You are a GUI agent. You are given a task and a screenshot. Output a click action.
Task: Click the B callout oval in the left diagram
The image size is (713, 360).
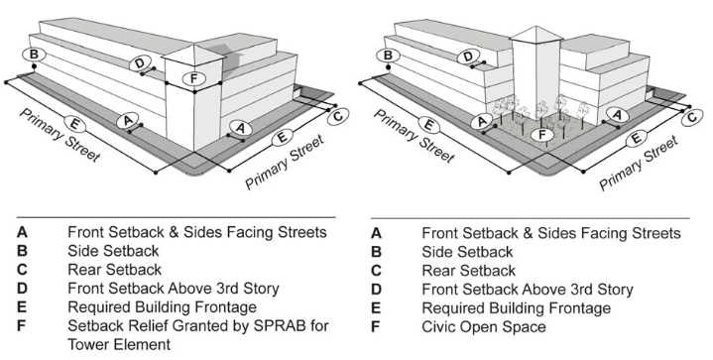(34, 54)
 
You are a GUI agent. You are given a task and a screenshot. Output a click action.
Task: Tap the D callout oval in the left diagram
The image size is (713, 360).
(141, 63)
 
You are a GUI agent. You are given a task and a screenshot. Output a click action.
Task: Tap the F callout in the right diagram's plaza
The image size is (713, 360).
(540, 134)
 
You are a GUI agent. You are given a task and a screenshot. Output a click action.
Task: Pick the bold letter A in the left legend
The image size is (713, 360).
(22, 232)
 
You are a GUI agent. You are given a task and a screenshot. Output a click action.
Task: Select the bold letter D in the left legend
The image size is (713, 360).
(22, 289)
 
